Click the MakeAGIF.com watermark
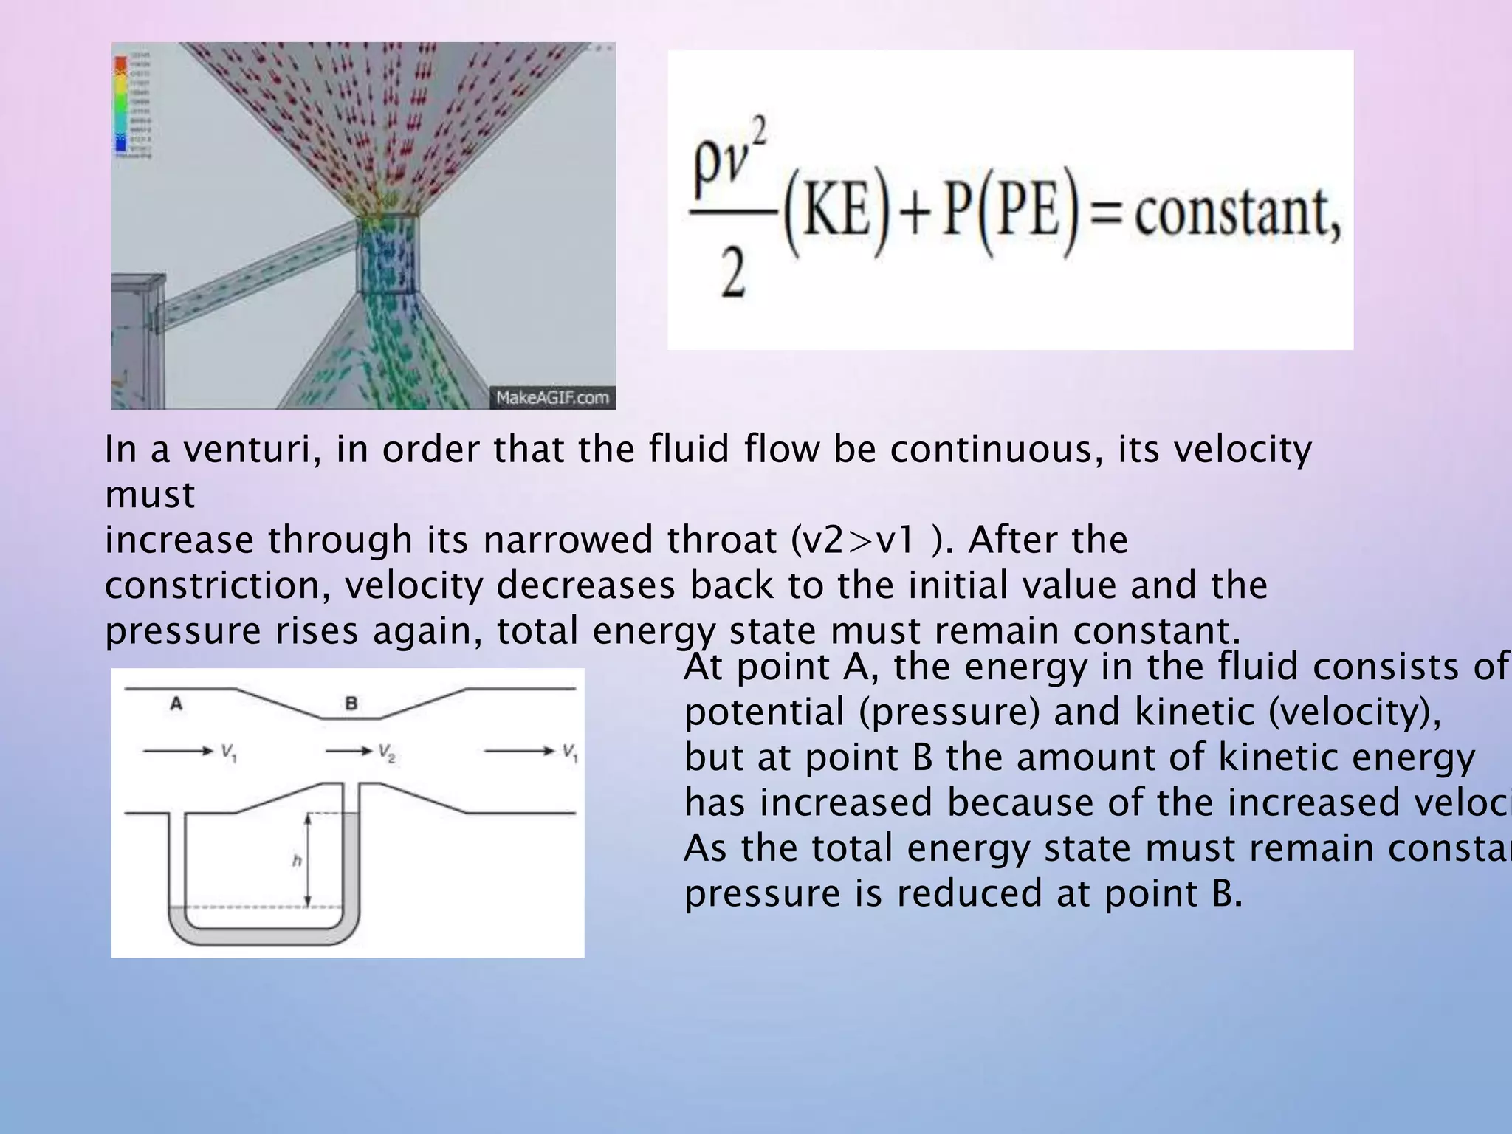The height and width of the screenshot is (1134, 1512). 552,397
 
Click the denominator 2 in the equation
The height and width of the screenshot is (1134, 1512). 733,275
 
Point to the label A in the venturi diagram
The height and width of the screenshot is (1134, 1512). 176,704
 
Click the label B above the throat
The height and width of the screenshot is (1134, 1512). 351,704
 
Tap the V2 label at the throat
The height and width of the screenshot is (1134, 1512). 387,752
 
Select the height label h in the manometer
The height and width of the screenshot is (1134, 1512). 297,861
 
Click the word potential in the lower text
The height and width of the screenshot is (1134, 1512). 764,712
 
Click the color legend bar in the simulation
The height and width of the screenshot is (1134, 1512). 120,103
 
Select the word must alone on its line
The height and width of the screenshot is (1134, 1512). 150,495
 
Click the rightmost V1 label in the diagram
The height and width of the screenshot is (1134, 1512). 570,752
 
